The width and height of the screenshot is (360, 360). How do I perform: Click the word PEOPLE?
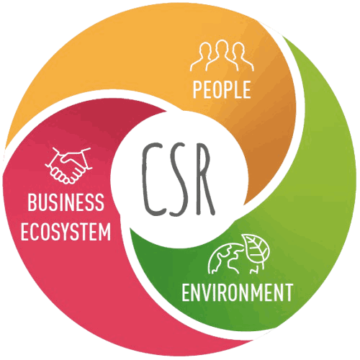point(222,89)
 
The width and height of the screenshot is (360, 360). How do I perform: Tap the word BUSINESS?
point(66,202)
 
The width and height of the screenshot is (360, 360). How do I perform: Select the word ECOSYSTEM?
point(66,232)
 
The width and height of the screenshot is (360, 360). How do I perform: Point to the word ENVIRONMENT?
point(238,292)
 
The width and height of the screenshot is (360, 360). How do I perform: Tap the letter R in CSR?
point(205,179)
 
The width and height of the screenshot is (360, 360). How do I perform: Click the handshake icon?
point(68,166)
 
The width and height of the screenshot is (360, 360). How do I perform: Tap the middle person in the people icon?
point(222,55)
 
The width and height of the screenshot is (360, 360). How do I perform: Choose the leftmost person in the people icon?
point(202,57)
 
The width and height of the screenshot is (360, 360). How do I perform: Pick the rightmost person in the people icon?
point(242,57)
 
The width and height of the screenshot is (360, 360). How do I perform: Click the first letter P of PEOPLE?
point(197,89)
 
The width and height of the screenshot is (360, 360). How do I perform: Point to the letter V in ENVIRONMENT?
point(206,292)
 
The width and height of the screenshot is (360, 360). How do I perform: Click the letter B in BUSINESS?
point(32,202)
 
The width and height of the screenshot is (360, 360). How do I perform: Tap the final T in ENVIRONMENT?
point(288,292)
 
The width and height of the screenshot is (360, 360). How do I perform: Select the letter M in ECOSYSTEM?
point(104,232)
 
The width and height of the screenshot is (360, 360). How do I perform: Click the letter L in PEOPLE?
point(237,89)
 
